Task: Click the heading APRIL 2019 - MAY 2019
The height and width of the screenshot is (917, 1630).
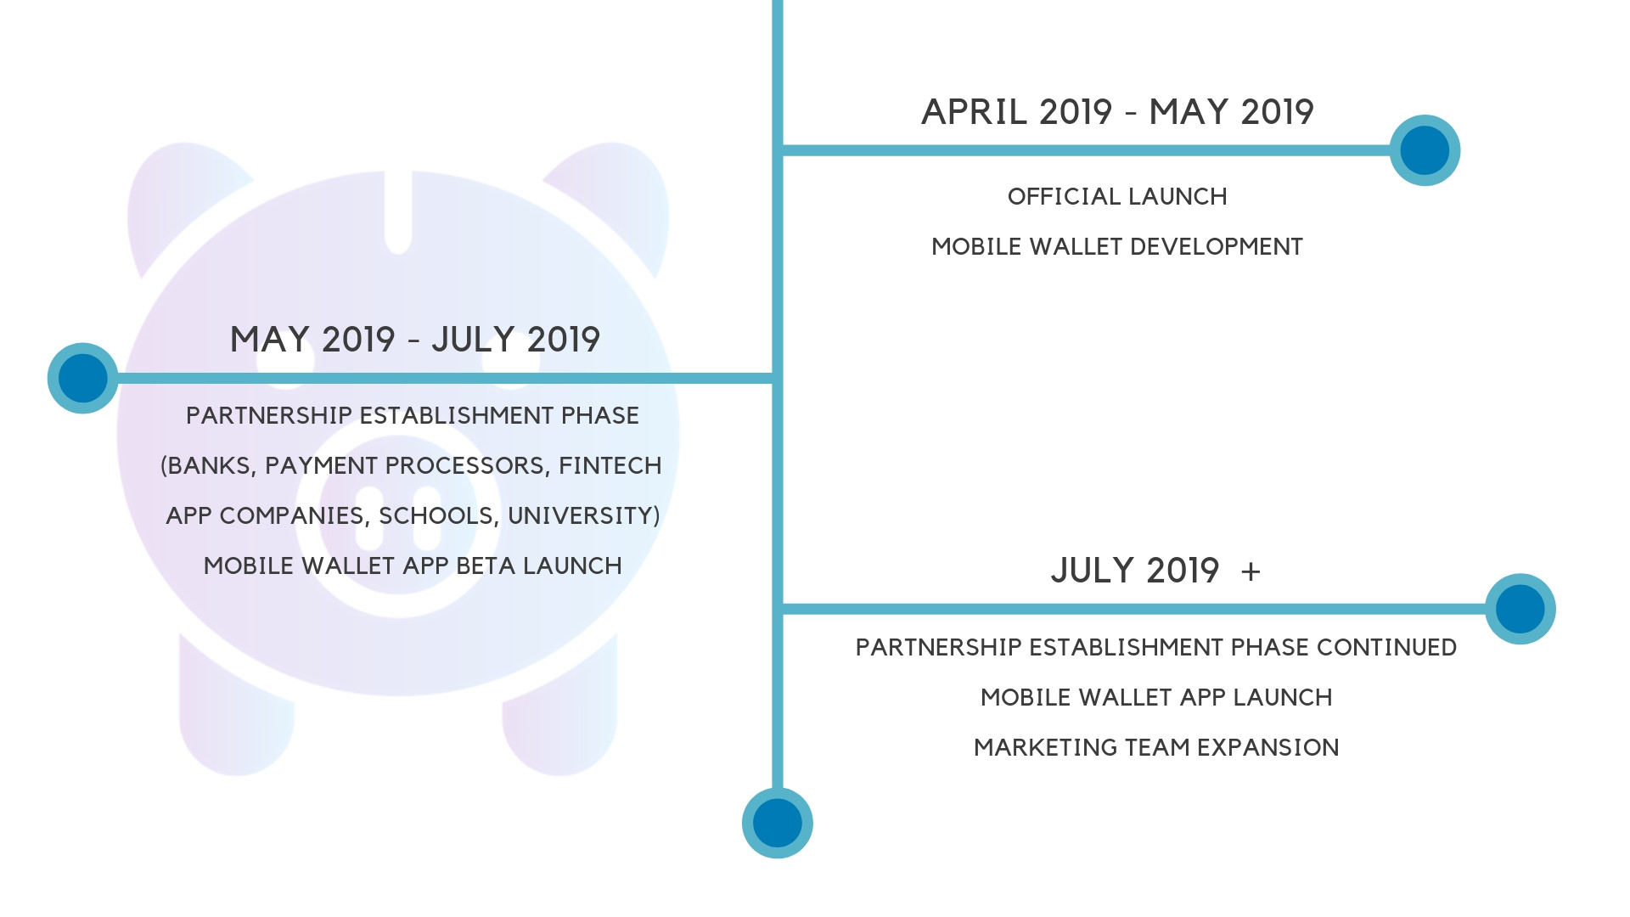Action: click(1117, 112)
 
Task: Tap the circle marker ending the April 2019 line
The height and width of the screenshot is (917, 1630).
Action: click(1425, 150)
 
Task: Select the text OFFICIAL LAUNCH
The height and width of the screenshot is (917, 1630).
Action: click(1117, 197)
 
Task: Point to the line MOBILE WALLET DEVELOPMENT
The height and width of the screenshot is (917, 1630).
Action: click(1117, 247)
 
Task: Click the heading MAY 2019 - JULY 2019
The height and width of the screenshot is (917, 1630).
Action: click(415, 340)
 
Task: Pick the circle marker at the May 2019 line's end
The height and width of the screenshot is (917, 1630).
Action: click(82, 378)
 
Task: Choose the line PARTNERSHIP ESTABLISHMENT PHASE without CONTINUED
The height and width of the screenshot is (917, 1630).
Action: click(413, 416)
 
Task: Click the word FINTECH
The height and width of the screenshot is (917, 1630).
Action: click(610, 466)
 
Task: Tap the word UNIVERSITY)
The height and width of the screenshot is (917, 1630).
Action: click(584, 516)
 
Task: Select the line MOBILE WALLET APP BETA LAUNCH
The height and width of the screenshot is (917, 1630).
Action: click(413, 566)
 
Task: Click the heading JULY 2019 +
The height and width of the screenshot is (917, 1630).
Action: click(1155, 571)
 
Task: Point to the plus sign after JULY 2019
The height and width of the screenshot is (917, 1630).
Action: click(1251, 571)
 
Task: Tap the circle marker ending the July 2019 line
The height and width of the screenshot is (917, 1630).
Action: click(1520, 609)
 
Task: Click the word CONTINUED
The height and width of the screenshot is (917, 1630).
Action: click(1386, 648)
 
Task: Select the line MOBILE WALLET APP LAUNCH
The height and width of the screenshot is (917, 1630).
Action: click(1156, 698)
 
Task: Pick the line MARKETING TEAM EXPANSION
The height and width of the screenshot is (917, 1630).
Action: click(1156, 748)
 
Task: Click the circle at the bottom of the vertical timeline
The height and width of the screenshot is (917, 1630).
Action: click(777, 823)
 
